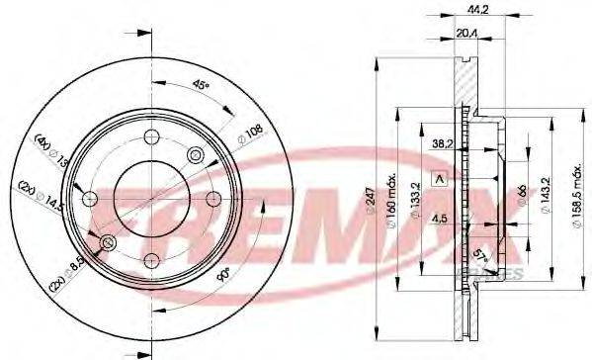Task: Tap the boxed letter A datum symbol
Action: pos(440,179)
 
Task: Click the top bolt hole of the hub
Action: pos(150,137)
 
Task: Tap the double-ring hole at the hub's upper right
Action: pos(194,155)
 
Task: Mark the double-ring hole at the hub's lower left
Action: pos(107,242)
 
